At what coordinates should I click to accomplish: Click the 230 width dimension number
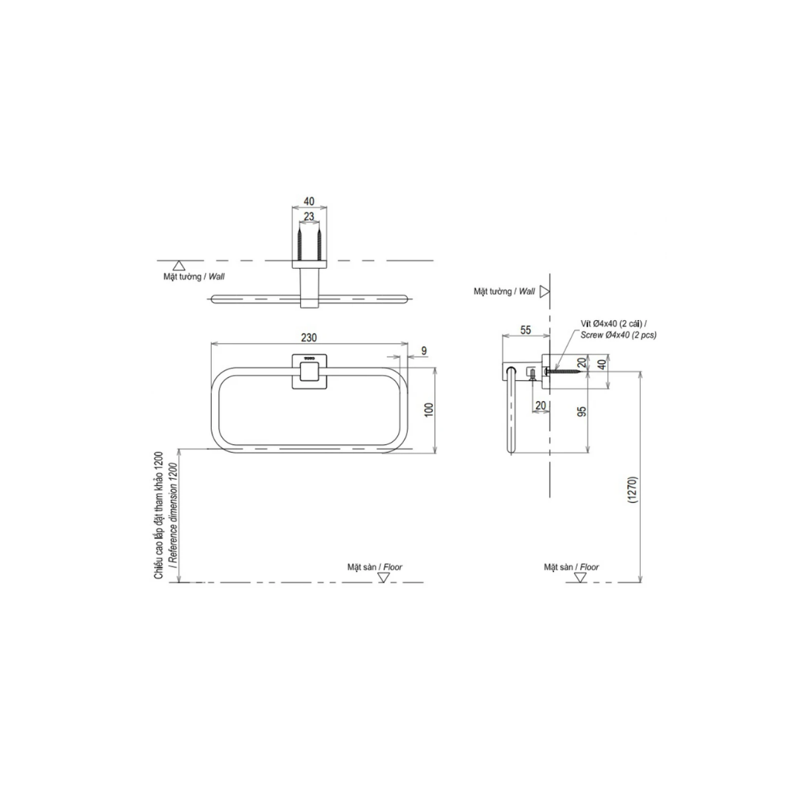tap(308, 338)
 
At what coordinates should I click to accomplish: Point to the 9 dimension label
tap(424, 351)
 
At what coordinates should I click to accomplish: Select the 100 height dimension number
tap(429, 410)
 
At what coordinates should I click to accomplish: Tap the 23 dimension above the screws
tap(308, 217)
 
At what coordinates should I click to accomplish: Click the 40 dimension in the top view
tap(308, 201)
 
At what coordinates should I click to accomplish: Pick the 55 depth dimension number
tap(526, 330)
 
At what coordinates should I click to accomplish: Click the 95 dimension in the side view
tap(581, 411)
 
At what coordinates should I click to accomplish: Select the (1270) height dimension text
tap(632, 491)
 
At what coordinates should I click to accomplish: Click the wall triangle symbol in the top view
tap(178, 265)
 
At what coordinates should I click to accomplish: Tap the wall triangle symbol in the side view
tap(544, 292)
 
